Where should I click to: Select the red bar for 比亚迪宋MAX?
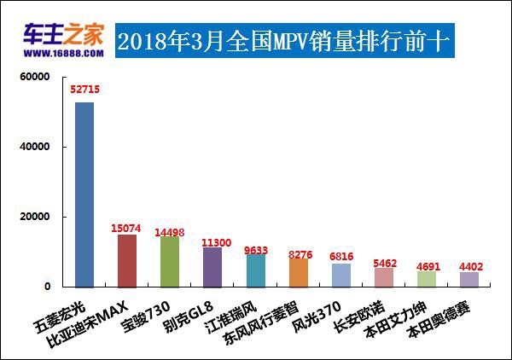tap(127, 260)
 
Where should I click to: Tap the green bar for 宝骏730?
tap(170, 261)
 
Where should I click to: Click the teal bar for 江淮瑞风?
tap(255, 270)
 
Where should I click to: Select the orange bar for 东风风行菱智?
tap(298, 272)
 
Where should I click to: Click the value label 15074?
tap(127, 228)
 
